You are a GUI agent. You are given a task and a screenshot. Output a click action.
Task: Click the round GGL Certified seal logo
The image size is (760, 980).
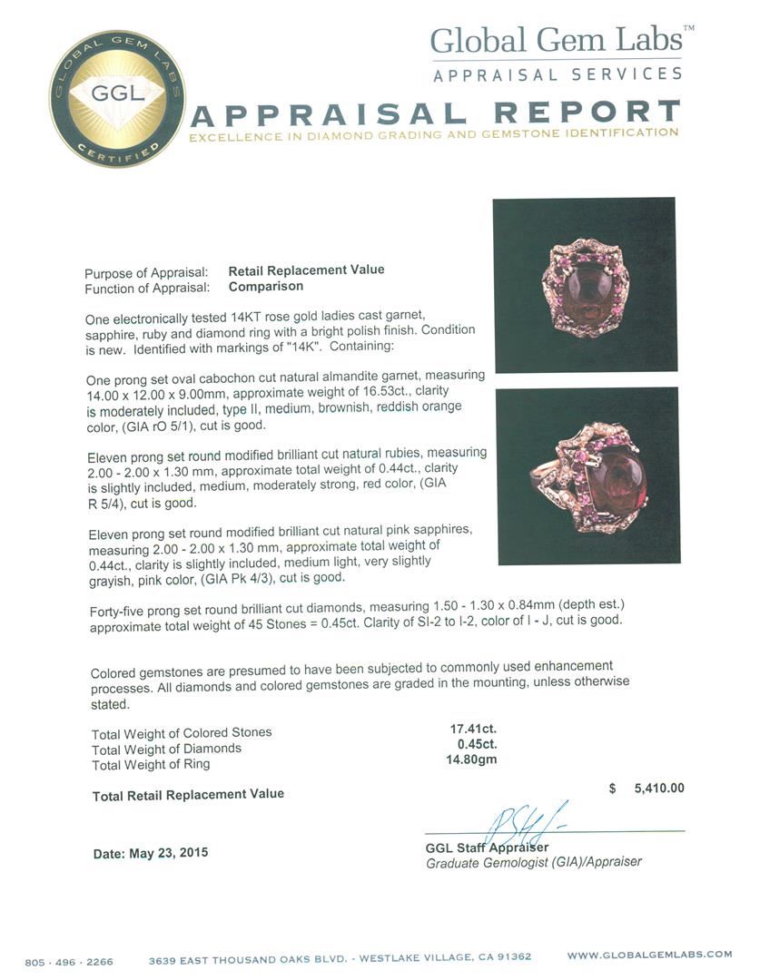coord(116,98)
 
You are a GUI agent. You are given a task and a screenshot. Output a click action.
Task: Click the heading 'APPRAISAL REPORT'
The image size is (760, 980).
coord(435,114)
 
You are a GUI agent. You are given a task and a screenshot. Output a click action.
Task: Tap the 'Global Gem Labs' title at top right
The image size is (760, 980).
coord(556,41)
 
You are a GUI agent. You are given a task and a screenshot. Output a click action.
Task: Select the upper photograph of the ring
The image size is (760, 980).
coord(584,284)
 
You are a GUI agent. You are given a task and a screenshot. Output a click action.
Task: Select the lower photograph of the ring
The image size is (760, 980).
coord(587,475)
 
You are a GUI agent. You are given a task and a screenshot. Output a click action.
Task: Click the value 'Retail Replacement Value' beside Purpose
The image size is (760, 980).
coord(306,270)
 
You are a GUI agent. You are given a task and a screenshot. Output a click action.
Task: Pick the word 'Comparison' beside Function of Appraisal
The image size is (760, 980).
coord(266,286)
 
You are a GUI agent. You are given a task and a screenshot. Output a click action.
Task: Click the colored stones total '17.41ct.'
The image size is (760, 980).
coord(473,729)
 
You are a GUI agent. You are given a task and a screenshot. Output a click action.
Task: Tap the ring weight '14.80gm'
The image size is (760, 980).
coord(473,759)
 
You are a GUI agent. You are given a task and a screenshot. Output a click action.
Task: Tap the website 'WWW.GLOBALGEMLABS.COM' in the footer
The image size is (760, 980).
coord(649,955)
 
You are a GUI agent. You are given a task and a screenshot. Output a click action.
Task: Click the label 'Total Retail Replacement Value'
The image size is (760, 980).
coord(188,795)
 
